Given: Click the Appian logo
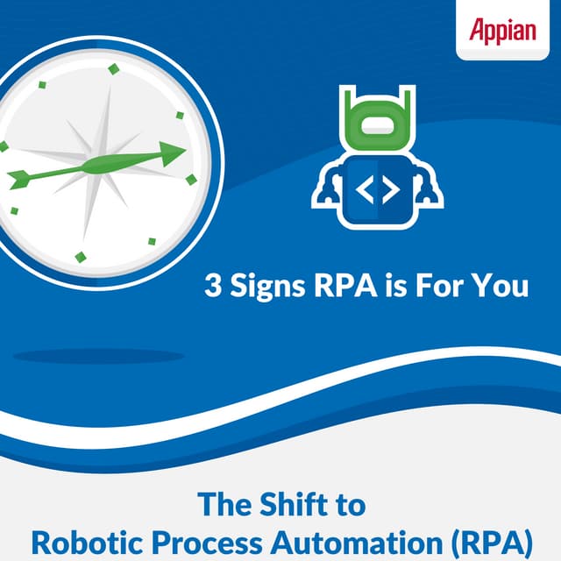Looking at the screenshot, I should pyautogui.click(x=501, y=30).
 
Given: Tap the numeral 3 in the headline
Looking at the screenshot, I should pyautogui.click(x=212, y=286).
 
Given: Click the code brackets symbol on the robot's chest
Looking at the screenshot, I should pyautogui.click(x=378, y=188).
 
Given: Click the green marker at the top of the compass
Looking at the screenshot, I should pyautogui.click(x=112, y=68).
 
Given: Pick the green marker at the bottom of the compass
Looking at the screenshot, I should pyautogui.click(x=81, y=257).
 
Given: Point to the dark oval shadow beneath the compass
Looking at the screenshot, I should pyautogui.click(x=98, y=356).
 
